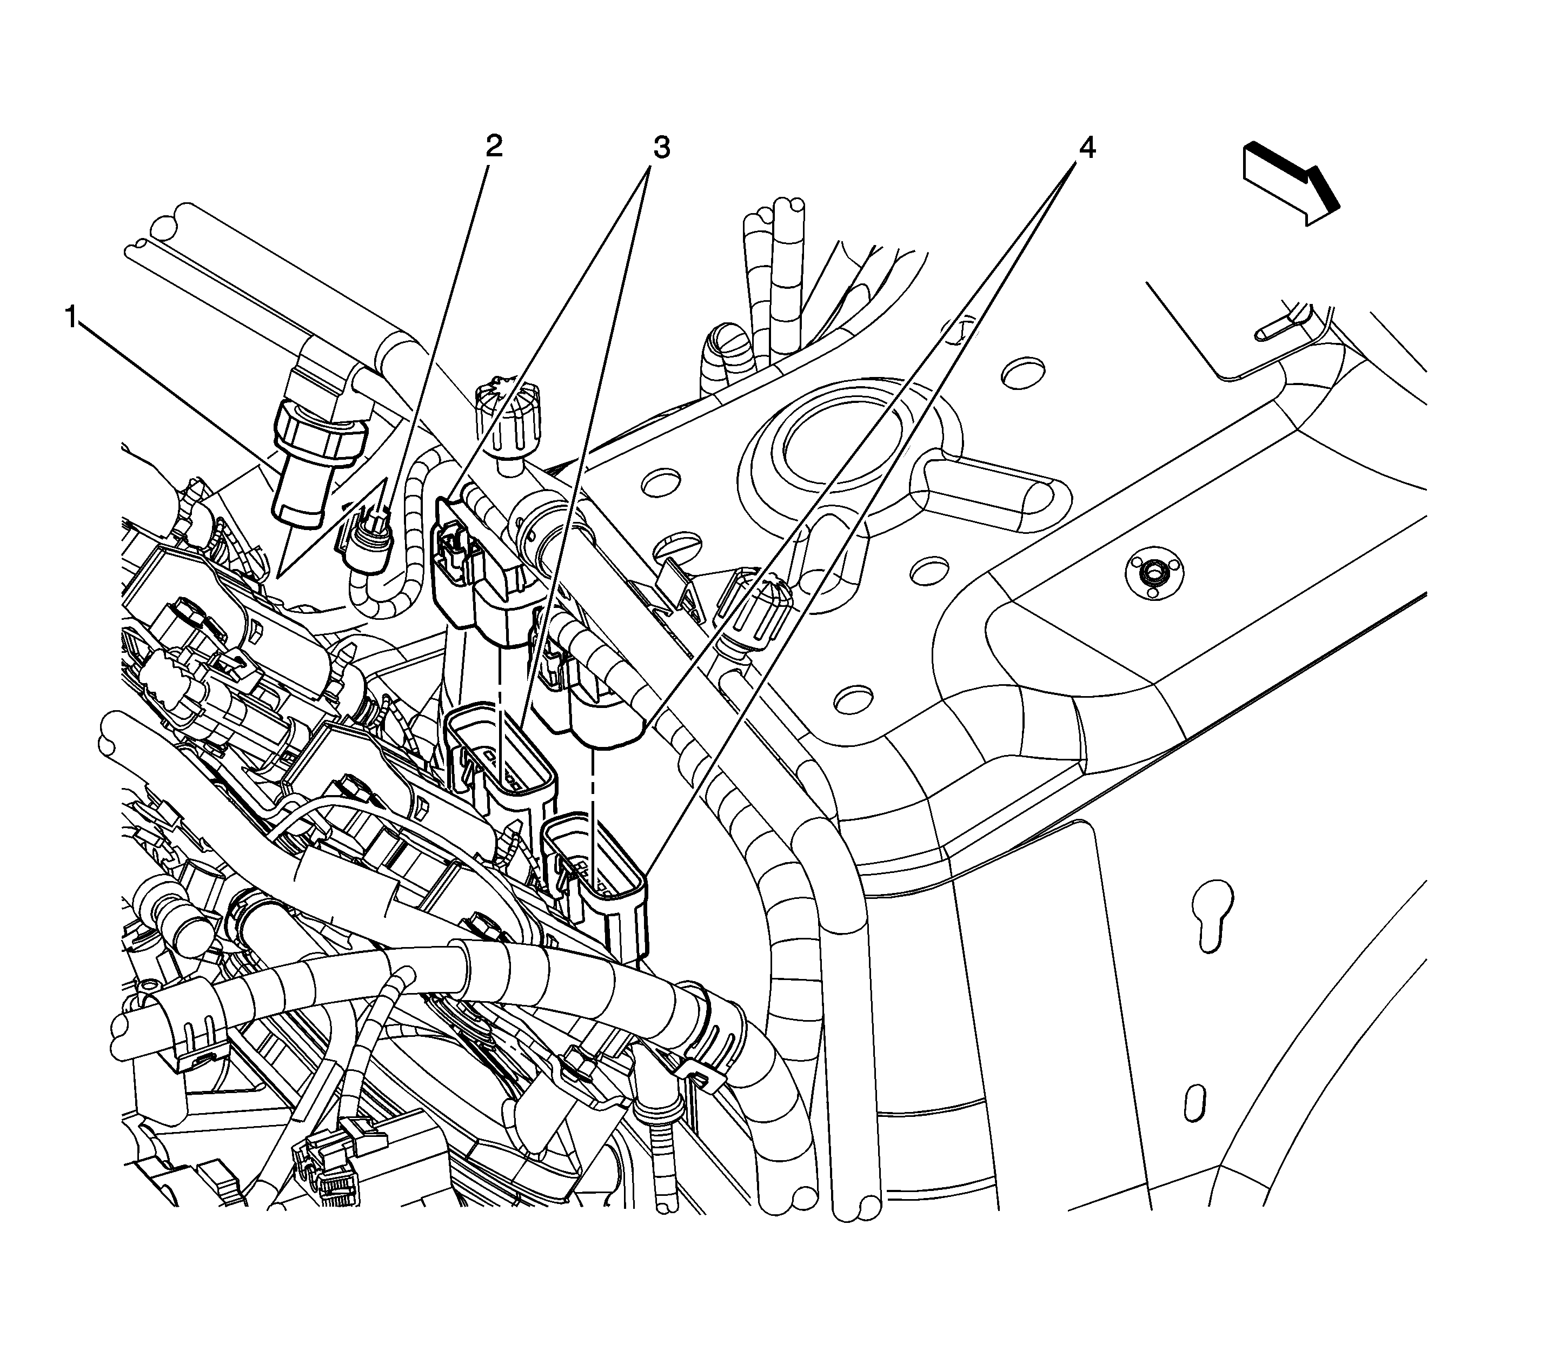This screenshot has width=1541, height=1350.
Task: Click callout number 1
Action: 73,319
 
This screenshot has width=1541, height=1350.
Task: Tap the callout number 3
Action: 661,148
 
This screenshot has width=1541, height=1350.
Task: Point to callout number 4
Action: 1085,148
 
